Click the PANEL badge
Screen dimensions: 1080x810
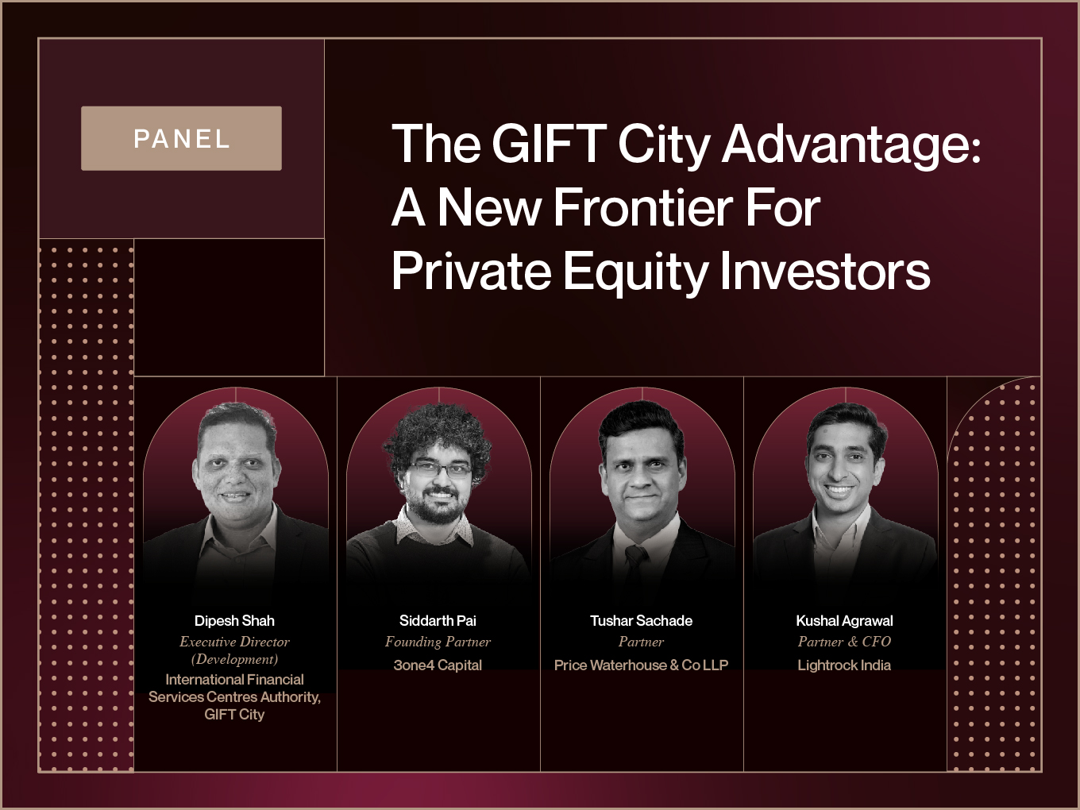point(181,138)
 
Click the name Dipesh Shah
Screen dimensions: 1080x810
point(234,621)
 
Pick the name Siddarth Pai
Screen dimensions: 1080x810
point(438,621)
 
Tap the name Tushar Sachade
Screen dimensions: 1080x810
point(641,621)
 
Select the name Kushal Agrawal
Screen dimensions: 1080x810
point(844,621)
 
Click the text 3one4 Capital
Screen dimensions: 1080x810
point(438,665)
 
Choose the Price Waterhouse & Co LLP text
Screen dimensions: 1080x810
point(641,665)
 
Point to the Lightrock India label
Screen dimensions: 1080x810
point(844,665)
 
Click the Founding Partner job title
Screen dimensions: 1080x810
point(438,642)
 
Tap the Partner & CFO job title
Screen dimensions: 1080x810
point(844,642)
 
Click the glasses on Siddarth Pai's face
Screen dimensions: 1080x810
point(441,469)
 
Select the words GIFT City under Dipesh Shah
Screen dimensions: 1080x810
point(234,715)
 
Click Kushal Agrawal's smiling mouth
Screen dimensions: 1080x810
point(840,490)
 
